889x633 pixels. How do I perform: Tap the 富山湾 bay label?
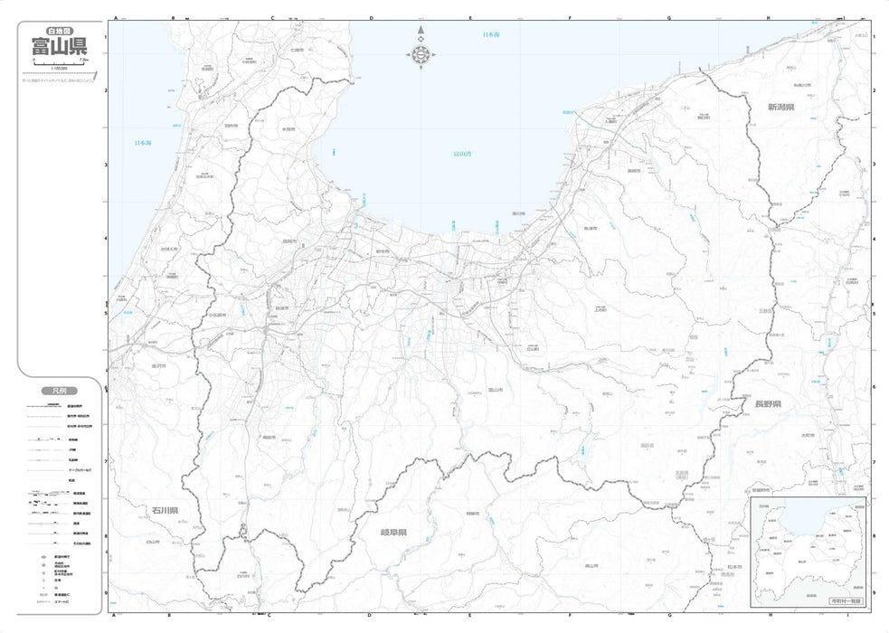click(x=462, y=154)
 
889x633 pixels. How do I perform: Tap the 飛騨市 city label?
click(x=471, y=514)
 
